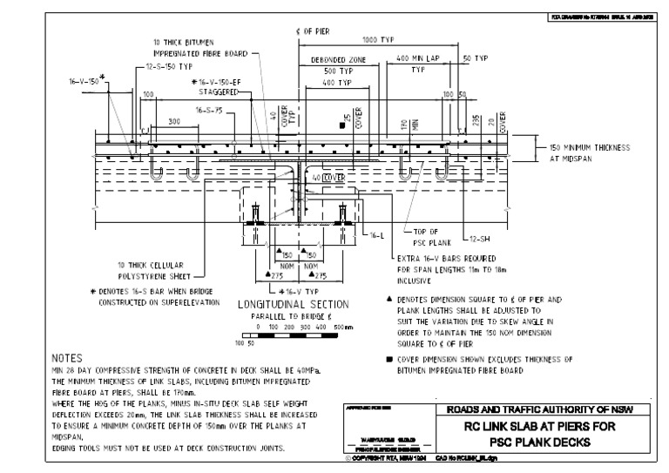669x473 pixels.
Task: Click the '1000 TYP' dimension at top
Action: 378,40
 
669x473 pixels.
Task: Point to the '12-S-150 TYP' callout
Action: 170,66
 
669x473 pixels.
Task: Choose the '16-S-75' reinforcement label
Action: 209,111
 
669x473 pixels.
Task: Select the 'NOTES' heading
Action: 68,358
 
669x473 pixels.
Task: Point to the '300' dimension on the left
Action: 175,122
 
